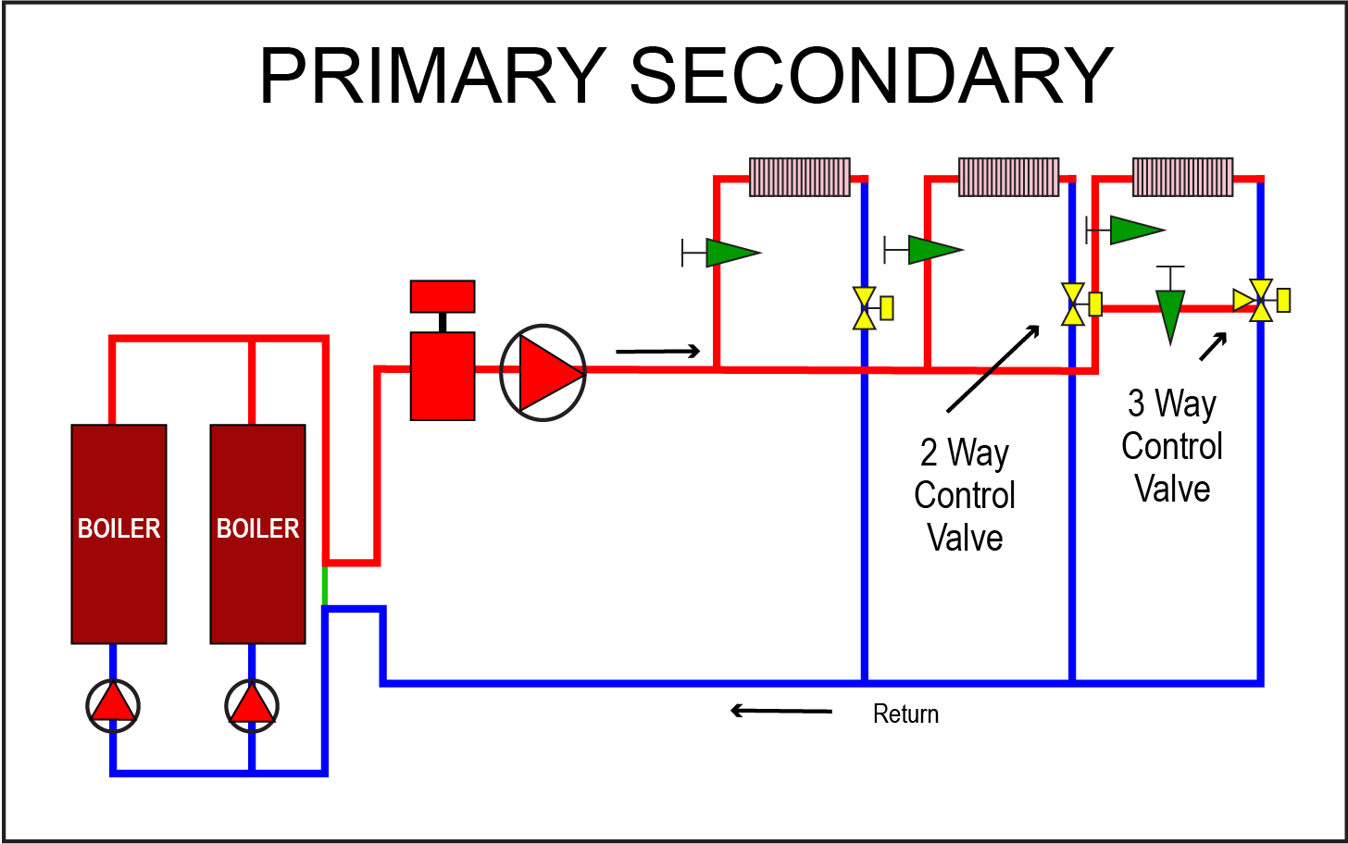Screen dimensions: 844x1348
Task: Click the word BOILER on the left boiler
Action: pos(119,528)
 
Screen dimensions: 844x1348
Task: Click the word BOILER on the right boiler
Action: pos(257,528)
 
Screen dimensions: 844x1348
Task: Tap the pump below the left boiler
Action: pos(113,705)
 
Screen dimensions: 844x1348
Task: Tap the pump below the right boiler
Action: pos(252,705)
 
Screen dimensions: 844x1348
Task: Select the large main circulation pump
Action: pos(543,372)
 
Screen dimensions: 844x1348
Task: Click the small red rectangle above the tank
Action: pos(443,296)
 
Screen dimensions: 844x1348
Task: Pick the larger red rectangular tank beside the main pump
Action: pos(443,376)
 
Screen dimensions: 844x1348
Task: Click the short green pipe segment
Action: pos(324,585)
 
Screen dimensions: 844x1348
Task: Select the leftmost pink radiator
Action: pos(799,177)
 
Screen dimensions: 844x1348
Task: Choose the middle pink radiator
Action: pos(1008,177)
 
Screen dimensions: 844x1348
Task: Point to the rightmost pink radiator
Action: pos(1182,177)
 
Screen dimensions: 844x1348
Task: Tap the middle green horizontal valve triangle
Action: pos(933,250)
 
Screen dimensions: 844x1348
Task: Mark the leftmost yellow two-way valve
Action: pos(864,308)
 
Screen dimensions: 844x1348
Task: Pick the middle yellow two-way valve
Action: pos(1072,304)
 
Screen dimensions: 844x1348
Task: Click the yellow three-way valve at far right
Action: pos(1259,301)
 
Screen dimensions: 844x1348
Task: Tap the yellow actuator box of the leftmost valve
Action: pos(887,308)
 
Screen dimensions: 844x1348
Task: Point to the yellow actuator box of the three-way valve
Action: pos(1283,301)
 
